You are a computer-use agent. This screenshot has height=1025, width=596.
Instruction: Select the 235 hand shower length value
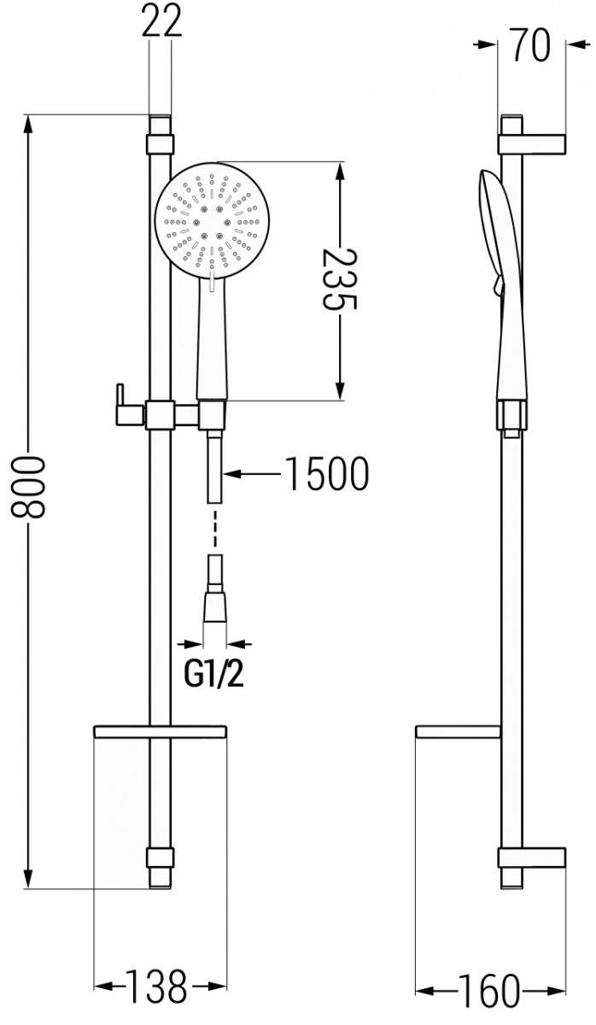pyautogui.click(x=339, y=278)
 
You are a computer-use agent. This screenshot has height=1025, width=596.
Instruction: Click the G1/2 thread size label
pyautogui.click(x=214, y=676)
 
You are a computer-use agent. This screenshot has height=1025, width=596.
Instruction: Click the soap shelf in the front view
pyautogui.click(x=160, y=731)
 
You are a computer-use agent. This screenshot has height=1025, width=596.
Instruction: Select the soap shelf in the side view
pyautogui.click(x=456, y=731)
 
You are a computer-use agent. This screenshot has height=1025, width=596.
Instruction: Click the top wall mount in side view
pyautogui.click(x=533, y=143)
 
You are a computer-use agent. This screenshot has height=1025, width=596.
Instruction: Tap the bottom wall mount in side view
pyautogui.click(x=533, y=859)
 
